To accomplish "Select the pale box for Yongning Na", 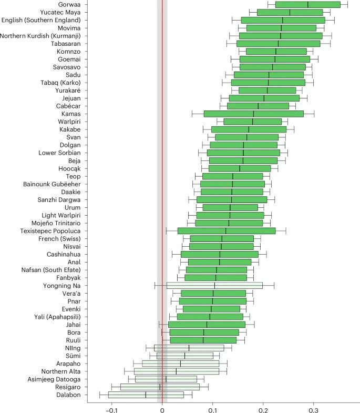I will [214, 285].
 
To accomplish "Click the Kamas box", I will [253, 114].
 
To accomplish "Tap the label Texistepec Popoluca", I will [51, 230].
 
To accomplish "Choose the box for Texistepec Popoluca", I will [226, 230].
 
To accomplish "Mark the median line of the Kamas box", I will [253, 114].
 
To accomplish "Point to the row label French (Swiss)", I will [60, 238].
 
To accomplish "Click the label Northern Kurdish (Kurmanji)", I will [41, 36].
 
